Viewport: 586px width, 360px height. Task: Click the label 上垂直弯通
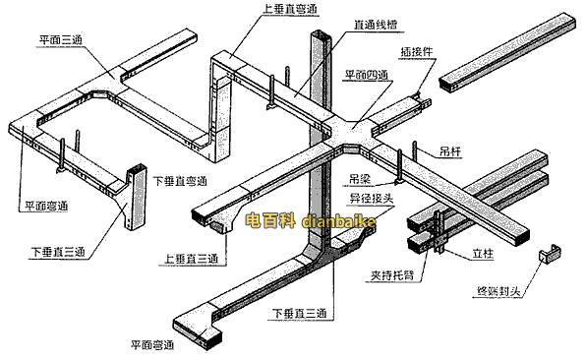pyautogui.click(x=290, y=10)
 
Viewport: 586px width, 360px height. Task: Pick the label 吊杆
pyautogui.click(x=451, y=152)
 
